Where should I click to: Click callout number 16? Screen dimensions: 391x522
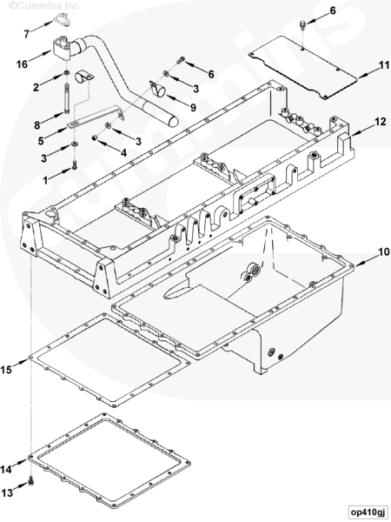pyautogui.click(x=23, y=64)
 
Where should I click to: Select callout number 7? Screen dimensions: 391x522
pyautogui.click(x=27, y=34)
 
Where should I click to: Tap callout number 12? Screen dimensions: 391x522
pyautogui.click(x=381, y=122)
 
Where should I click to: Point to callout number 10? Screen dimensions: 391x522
pyautogui.click(x=383, y=252)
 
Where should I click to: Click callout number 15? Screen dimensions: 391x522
pyautogui.click(x=6, y=370)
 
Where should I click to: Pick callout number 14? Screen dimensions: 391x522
pyautogui.click(x=6, y=470)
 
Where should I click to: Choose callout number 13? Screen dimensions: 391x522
pyautogui.click(x=7, y=492)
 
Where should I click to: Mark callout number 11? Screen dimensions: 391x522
pyautogui.click(x=384, y=65)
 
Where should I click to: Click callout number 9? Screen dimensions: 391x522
pyautogui.click(x=193, y=108)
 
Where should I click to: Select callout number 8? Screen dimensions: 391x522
pyautogui.click(x=36, y=125)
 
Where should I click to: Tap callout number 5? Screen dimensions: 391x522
pyautogui.click(x=41, y=141)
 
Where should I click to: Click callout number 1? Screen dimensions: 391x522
pyautogui.click(x=45, y=180)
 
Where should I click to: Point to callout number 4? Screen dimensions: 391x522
pyautogui.click(x=123, y=153)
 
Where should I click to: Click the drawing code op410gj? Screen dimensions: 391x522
pyautogui.click(x=368, y=512)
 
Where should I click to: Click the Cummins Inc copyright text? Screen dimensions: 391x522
pyautogui.click(x=43, y=5)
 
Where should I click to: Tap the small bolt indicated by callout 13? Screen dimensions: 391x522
pyautogui.click(x=31, y=481)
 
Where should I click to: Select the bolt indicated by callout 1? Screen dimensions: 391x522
pyautogui.click(x=74, y=164)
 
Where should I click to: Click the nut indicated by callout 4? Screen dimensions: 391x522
pyautogui.click(x=95, y=137)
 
